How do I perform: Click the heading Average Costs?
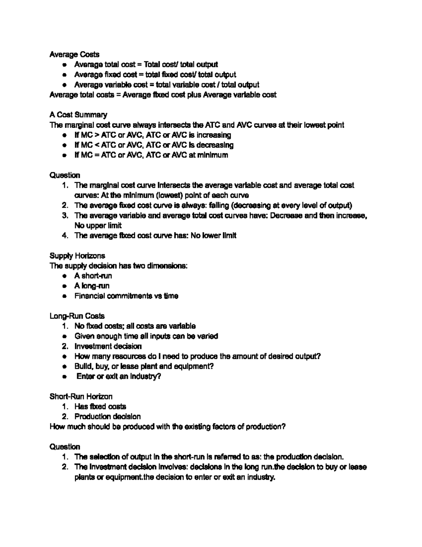pyautogui.click(x=74, y=54)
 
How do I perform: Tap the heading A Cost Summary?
pyautogui.click(x=78, y=115)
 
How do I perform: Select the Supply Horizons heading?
pyautogui.click(x=77, y=256)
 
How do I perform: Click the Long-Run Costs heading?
pyautogui.click(x=77, y=316)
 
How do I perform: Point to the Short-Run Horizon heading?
pyautogui.click(x=81, y=397)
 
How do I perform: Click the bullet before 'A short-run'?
pyautogui.click(x=64, y=276)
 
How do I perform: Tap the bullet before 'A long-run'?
pyautogui.click(x=64, y=286)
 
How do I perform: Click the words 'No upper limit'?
pyautogui.click(x=98, y=225)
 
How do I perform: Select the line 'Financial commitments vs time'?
pyautogui.click(x=126, y=296)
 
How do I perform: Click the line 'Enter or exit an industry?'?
pyautogui.click(x=119, y=377)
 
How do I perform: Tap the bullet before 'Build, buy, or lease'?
pyautogui.click(x=64, y=367)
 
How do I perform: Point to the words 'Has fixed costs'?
pyautogui.click(x=100, y=406)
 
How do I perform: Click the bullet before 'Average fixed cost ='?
pyautogui.click(x=64, y=75)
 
